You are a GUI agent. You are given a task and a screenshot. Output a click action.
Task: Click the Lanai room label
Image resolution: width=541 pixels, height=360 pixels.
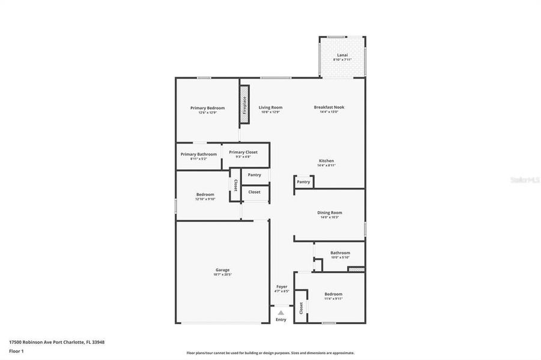point(342,55)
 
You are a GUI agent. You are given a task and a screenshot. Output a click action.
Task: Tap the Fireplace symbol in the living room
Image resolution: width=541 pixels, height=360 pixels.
point(244,105)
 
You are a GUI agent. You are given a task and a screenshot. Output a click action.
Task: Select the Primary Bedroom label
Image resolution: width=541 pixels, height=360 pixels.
point(207,108)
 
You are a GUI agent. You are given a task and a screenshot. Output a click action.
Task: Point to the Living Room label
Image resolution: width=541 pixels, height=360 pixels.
point(270,108)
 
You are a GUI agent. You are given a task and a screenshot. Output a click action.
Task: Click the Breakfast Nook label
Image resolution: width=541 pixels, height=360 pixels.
point(329,108)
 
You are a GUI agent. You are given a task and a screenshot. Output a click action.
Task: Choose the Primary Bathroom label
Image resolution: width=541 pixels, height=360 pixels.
point(199,154)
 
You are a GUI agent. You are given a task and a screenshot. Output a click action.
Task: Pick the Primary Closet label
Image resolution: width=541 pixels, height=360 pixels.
point(243,152)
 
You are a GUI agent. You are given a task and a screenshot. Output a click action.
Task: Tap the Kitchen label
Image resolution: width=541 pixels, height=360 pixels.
point(326,161)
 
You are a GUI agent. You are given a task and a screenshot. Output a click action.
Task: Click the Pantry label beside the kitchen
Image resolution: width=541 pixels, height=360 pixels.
point(303,182)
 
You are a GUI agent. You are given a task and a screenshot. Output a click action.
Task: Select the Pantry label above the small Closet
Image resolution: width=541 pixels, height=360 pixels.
point(254,175)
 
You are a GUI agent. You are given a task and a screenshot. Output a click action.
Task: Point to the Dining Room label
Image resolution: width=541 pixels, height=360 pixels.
point(330,212)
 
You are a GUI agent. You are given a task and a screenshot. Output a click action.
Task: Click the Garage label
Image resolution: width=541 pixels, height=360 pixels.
point(222,270)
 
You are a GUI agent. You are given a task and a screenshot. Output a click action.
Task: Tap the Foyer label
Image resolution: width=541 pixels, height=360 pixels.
point(282,287)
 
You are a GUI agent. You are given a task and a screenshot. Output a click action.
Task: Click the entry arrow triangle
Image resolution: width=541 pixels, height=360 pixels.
point(281,313)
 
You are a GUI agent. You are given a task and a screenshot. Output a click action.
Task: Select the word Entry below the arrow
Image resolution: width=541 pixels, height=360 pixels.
point(281,320)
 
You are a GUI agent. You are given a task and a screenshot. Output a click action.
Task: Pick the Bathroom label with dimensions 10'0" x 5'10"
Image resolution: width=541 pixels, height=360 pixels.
point(340,253)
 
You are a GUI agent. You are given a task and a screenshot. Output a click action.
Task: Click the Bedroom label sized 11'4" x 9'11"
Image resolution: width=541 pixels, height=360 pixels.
point(333,294)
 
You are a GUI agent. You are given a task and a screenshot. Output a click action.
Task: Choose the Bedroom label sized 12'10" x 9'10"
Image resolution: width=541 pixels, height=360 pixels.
point(205,194)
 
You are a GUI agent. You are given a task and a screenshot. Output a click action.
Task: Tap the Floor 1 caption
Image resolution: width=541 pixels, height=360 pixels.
point(16,350)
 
